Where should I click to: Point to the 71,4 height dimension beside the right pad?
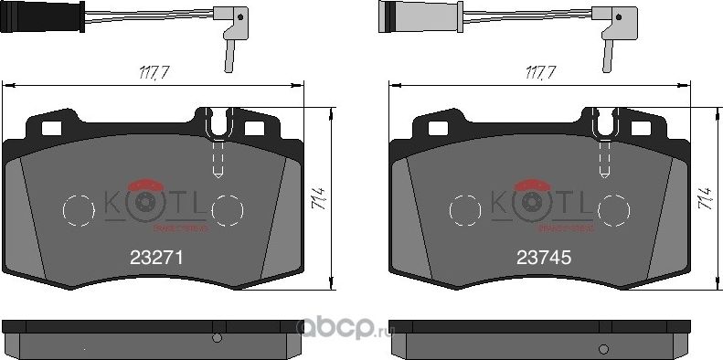(704, 200)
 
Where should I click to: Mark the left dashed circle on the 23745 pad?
(465, 209)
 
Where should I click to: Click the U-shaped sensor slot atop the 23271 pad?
(218, 124)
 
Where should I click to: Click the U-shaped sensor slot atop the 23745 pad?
(603, 124)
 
